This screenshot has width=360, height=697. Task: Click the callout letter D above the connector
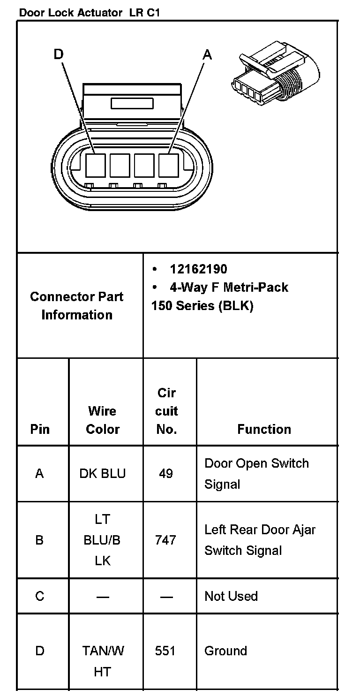point(59,54)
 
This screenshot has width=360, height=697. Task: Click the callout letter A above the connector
point(207,55)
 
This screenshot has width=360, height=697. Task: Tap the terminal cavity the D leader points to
point(96,166)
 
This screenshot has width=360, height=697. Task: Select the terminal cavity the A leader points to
point(169,166)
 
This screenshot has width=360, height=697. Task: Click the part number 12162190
point(198,269)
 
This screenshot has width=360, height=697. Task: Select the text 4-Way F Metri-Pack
point(229,287)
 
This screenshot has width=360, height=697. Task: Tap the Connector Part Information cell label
point(77,305)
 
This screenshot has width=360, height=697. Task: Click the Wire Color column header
point(103,420)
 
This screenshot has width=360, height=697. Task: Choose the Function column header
point(264,429)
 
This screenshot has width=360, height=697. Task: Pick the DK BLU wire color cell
point(103,473)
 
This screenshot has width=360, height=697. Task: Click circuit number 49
point(166,473)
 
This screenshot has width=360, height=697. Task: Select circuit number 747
point(165,540)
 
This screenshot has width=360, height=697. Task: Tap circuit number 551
point(165,651)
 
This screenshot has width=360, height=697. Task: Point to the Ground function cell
point(225,651)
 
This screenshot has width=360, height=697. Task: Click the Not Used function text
point(231,596)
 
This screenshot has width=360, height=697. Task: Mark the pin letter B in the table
point(39,540)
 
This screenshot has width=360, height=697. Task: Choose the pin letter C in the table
point(39,596)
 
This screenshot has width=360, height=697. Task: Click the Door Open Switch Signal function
point(256,473)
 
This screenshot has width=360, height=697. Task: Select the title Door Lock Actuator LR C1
point(89,13)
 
